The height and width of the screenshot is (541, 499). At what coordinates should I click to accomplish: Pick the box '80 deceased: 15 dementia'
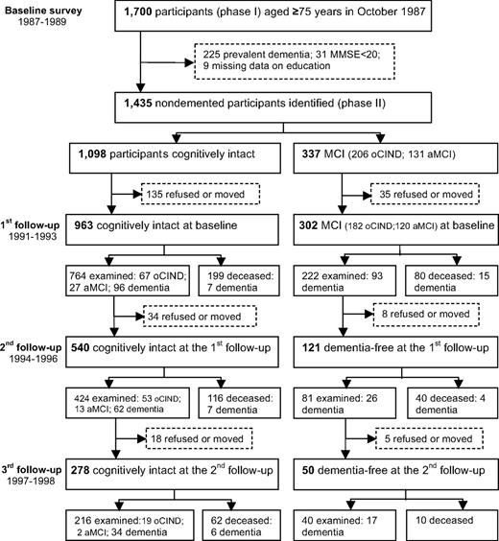tap(449, 284)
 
